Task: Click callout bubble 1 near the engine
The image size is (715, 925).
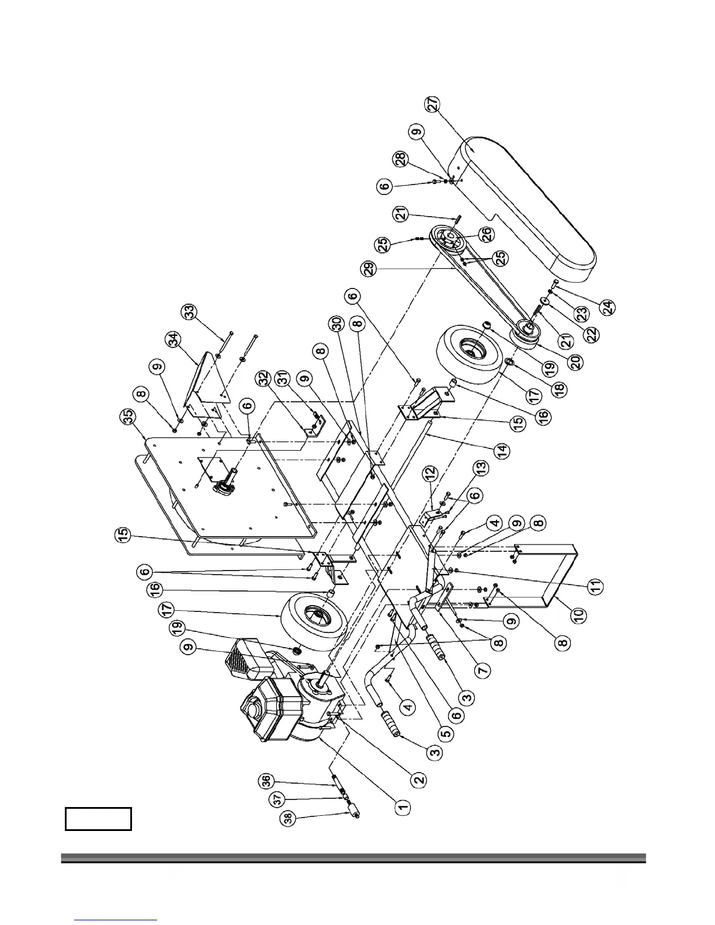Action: [x=401, y=808]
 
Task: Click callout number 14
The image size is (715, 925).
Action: [x=502, y=451]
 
